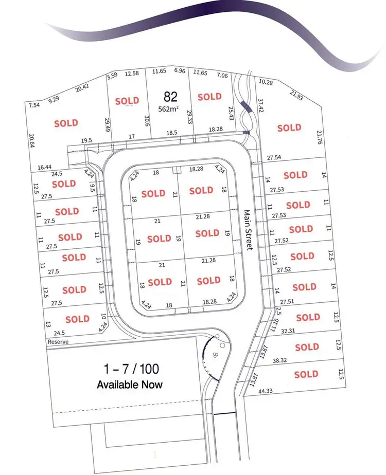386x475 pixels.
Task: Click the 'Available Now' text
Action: (129, 385)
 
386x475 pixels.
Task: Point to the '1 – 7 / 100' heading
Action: (131, 368)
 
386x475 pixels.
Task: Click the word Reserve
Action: (58, 341)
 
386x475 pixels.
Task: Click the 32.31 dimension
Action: (289, 331)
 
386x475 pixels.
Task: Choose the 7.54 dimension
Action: (34, 105)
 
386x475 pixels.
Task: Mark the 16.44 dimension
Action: (45, 167)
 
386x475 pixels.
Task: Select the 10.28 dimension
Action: (266, 82)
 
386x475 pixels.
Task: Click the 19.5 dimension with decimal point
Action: (87, 140)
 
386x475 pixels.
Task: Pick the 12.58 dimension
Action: (132, 74)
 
